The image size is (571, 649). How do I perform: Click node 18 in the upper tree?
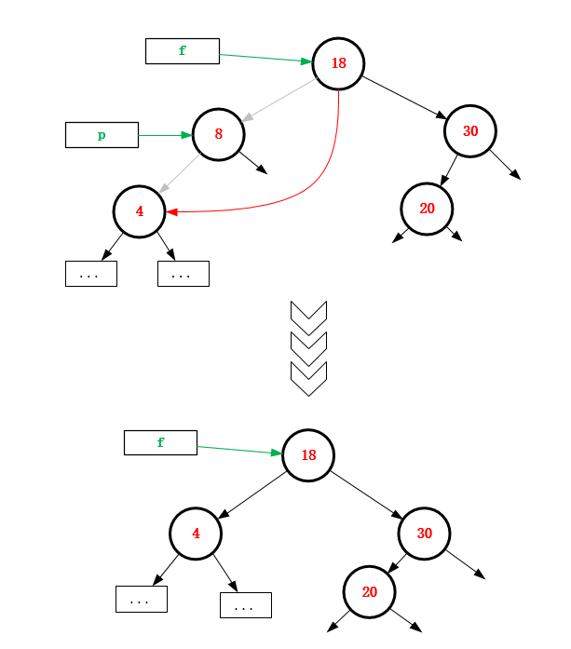[x=338, y=63]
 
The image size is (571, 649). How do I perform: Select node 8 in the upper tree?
[x=218, y=133]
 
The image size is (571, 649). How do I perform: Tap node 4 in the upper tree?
[x=140, y=210]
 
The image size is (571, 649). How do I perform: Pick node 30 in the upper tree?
[x=470, y=130]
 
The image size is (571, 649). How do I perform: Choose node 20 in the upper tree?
[x=427, y=208]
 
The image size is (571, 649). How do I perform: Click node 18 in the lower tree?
[x=308, y=454]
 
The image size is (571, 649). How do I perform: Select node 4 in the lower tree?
[x=196, y=534]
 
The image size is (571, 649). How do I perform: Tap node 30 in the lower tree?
[x=424, y=534]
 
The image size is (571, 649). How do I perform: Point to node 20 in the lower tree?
[x=370, y=592]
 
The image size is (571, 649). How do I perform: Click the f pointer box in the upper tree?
[x=182, y=51]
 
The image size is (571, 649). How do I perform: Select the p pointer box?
[x=102, y=135]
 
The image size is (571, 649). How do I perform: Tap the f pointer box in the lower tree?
[x=160, y=442]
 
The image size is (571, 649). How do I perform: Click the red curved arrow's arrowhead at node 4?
[x=171, y=211]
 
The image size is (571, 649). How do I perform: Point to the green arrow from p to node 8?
[x=165, y=135]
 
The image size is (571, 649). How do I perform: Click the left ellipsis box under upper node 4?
[x=90, y=274]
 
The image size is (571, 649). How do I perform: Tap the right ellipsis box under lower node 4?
[x=245, y=605]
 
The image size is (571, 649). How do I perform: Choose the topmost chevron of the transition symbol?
[x=309, y=315]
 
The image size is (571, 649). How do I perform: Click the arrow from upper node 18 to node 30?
[x=404, y=97]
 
